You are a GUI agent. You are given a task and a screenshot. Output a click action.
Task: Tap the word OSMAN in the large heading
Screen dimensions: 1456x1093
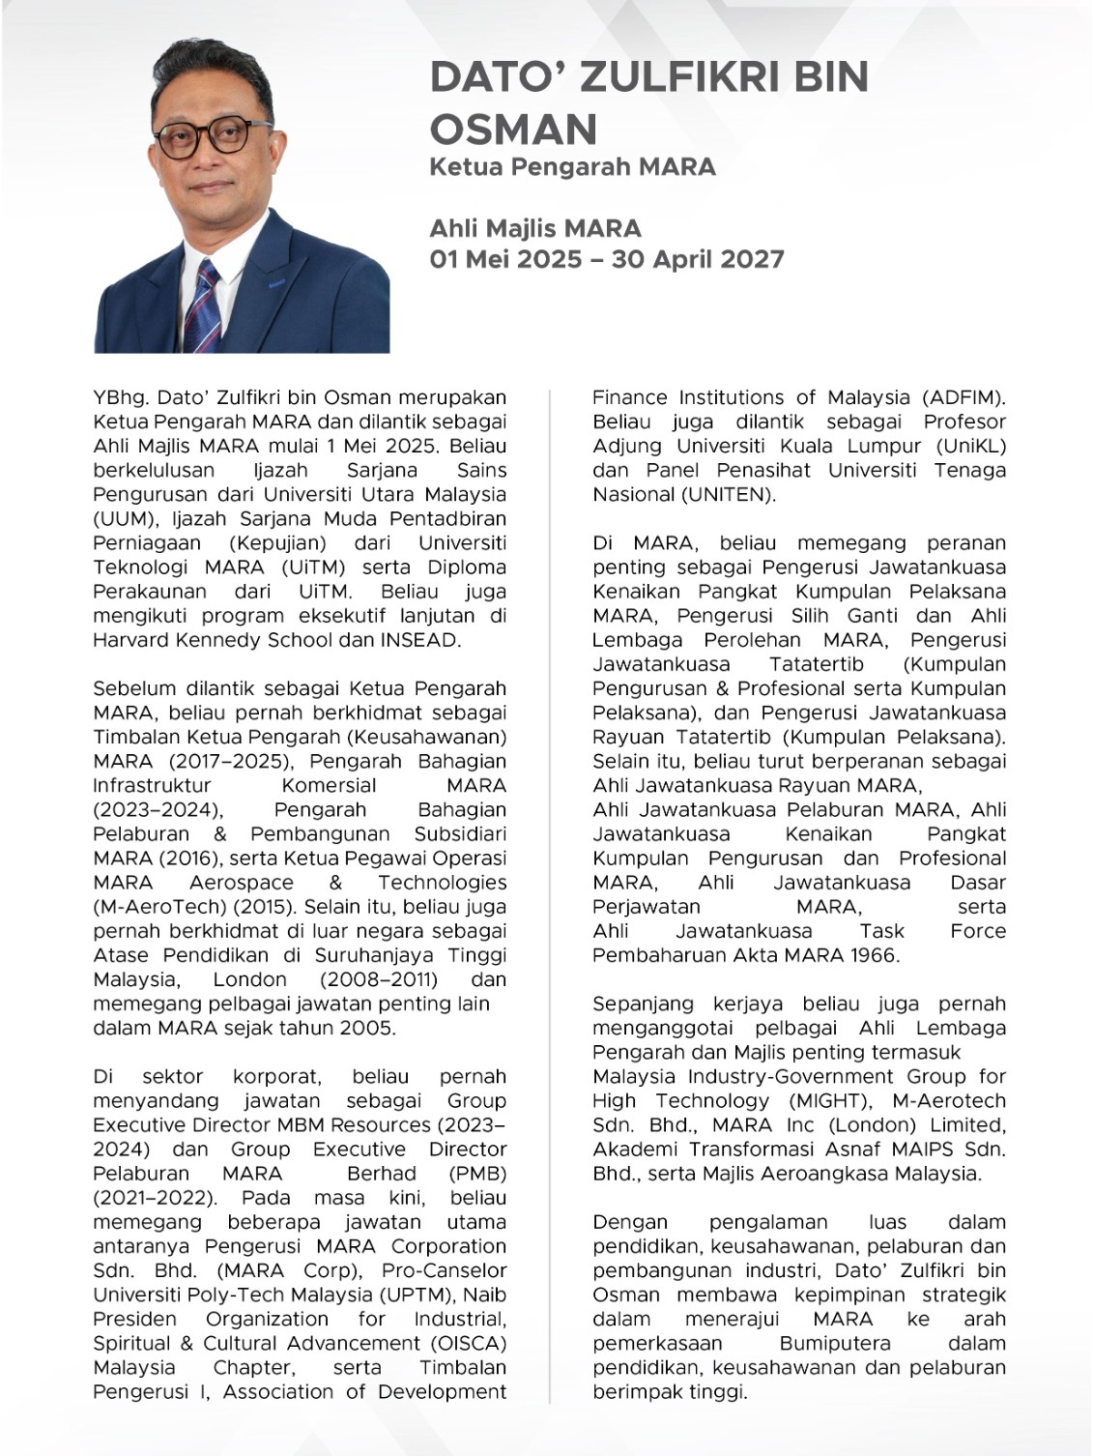[513, 130]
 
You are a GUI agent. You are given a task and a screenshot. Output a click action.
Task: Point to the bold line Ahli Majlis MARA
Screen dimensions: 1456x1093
[535, 228]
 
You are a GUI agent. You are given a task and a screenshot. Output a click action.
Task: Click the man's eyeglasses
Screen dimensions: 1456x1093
[213, 139]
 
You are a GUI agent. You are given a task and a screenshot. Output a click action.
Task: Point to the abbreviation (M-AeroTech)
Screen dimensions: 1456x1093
[155, 907]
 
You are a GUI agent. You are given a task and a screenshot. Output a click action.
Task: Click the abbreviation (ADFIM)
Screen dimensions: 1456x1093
[964, 397]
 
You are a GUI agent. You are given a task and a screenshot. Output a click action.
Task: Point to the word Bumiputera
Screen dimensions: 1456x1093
[835, 1343]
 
